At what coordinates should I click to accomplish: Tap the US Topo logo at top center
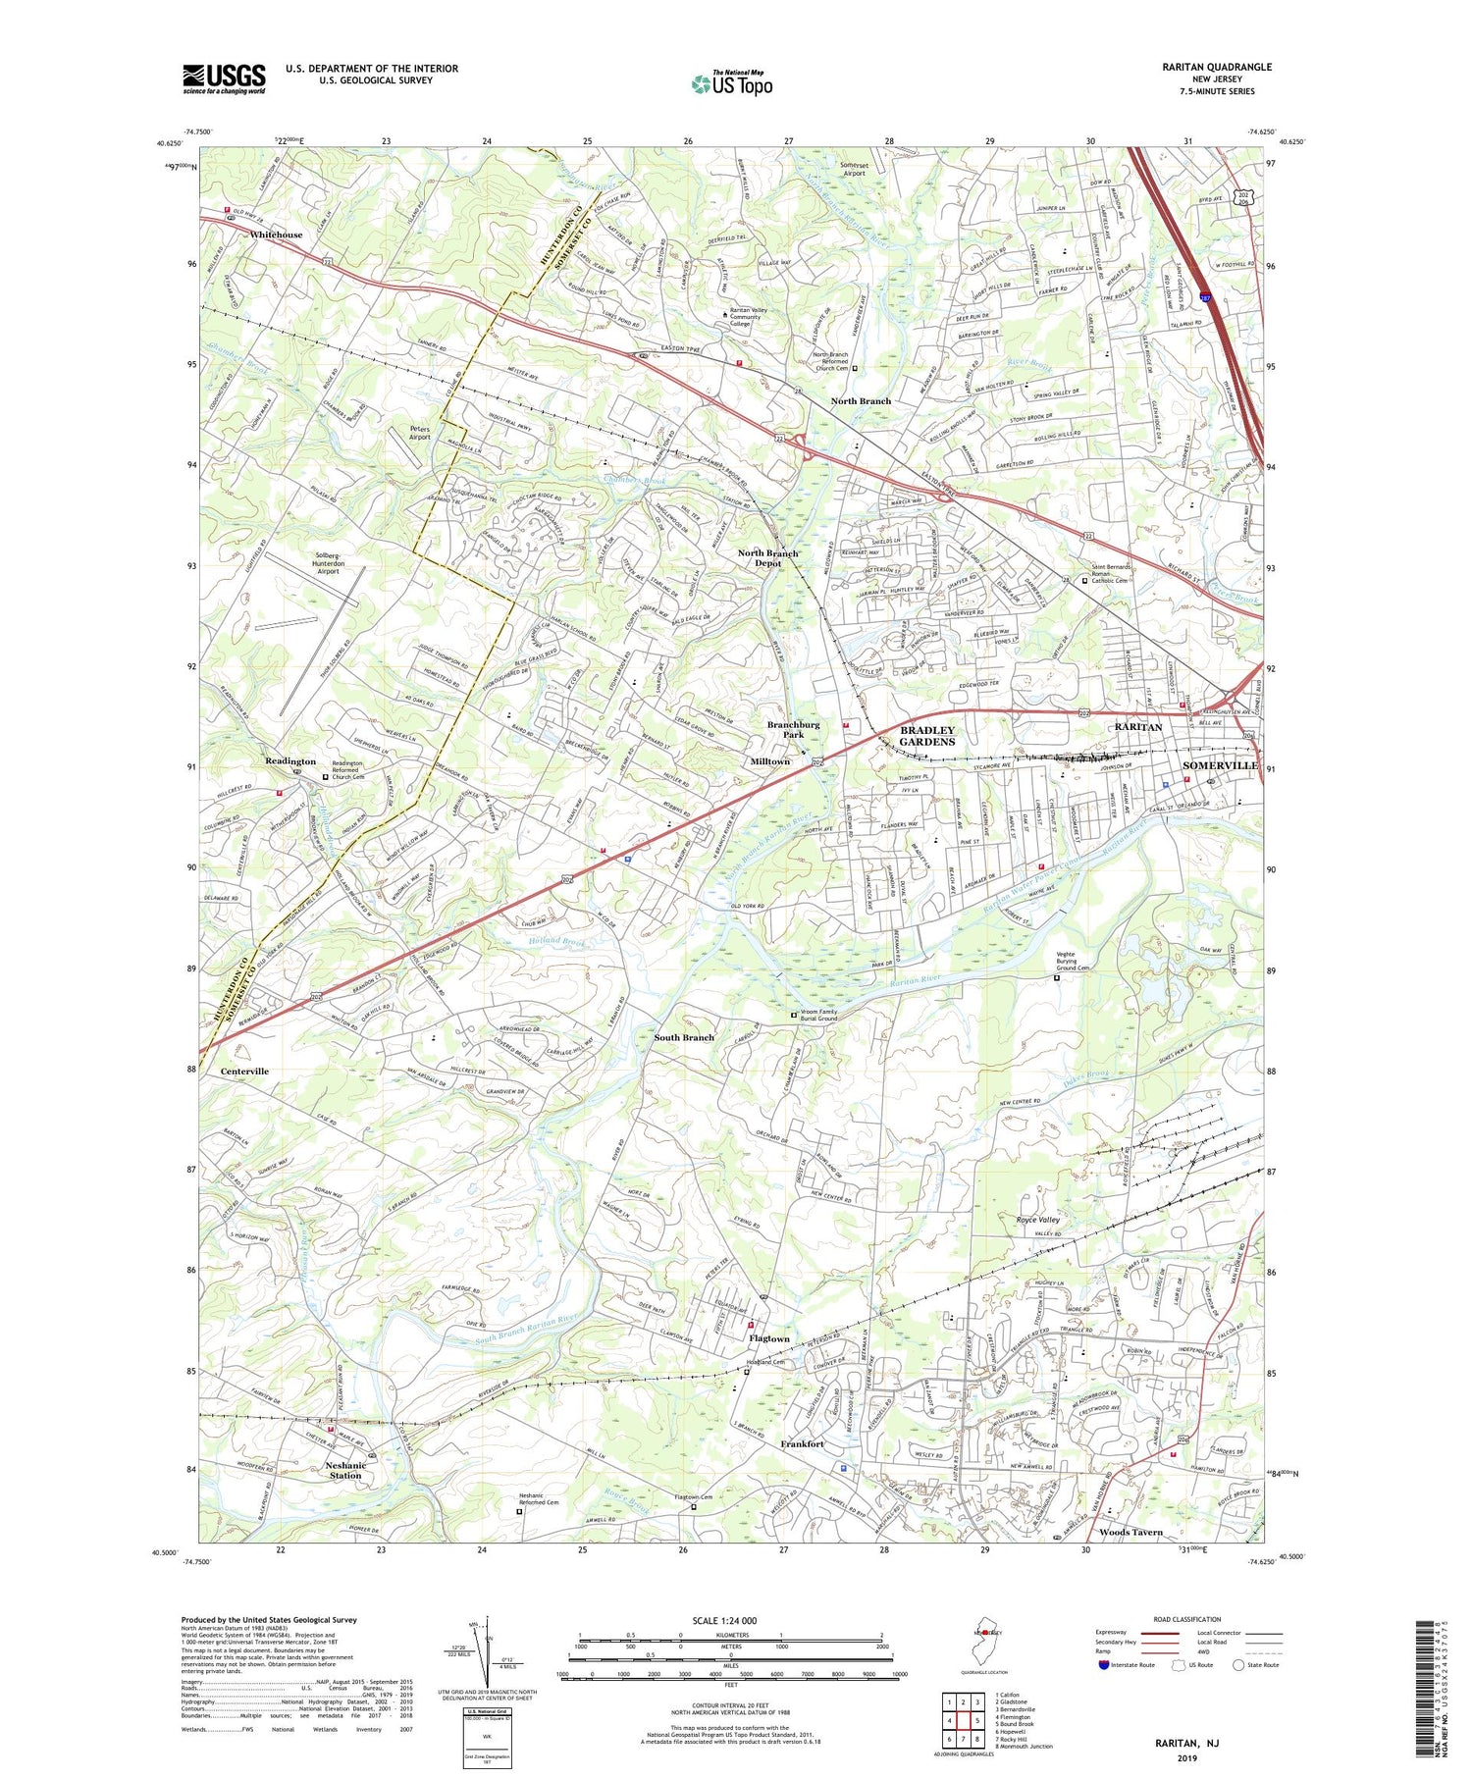pyautogui.click(x=731, y=84)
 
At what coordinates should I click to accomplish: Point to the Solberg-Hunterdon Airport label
pyautogui.click(x=329, y=565)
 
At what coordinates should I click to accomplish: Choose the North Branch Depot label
pyautogui.click(x=768, y=558)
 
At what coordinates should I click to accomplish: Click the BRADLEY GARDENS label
pyautogui.click(x=927, y=736)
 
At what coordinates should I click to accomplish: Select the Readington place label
pyautogui.click(x=290, y=761)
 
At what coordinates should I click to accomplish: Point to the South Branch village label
pyautogui.click(x=684, y=1037)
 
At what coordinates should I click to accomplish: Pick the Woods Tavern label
pyautogui.click(x=1130, y=1532)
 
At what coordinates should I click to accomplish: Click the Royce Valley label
pyautogui.click(x=1037, y=1220)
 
